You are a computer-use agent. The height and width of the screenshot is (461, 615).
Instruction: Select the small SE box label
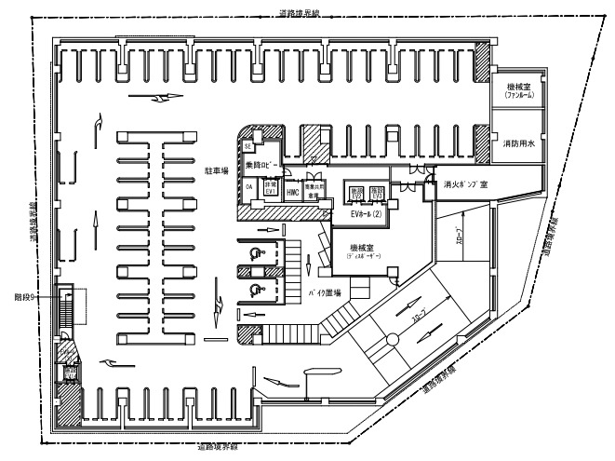248,146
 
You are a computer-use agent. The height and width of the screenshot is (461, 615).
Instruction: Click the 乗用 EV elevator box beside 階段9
70,373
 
